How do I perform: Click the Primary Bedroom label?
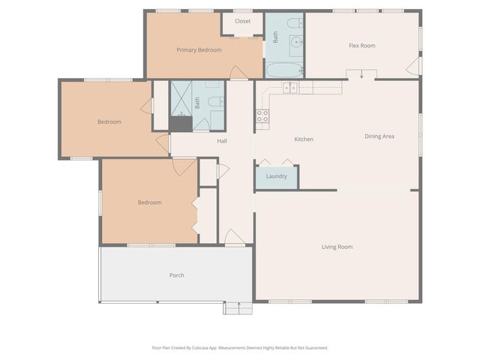tap(199, 50)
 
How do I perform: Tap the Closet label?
tap(242, 22)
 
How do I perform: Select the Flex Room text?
tap(362, 46)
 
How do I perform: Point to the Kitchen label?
tap(303, 139)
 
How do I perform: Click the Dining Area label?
tap(379, 136)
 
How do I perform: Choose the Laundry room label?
tap(276, 176)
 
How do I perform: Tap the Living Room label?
tap(337, 247)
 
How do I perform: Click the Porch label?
tap(176, 275)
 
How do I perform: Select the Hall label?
tap(222, 141)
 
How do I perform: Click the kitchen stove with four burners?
tap(262, 115)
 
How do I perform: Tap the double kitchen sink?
tap(289, 88)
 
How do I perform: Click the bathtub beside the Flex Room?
tap(284, 70)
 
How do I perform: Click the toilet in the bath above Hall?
tap(214, 101)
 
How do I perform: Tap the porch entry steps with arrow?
tap(238, 307)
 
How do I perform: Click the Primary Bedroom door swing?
tap(238, 73)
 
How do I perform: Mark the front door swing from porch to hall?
tap(235, 238)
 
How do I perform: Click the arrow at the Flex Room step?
tap(361, 74)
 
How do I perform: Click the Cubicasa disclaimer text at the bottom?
tap(239, 348)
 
